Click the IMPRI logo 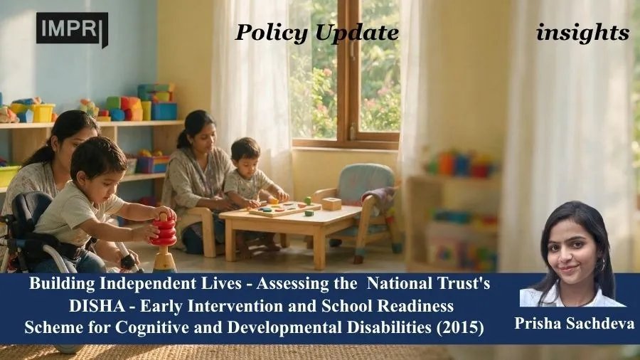(x=73, y=28)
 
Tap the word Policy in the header (x=271, y=33)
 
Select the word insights (x=582, y=33)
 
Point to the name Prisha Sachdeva (x=575, y=323)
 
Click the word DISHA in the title (x=97, y=306)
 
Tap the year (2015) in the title (x=460, y=327)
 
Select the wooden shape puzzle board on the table (x=284, y=208)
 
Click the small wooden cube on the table (x=331, y=203)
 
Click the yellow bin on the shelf (x=43, y=112)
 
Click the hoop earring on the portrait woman (x=600, y=265)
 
